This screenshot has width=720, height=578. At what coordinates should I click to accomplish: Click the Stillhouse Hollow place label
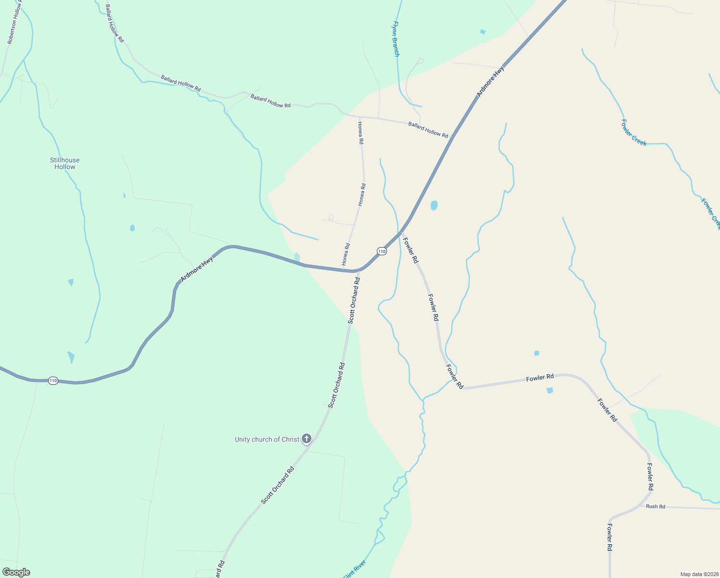(64, 163)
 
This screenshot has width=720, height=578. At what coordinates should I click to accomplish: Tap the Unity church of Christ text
(267, 439)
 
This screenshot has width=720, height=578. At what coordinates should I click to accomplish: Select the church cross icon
(306, 438)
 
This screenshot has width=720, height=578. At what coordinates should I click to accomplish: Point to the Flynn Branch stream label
(396, 39)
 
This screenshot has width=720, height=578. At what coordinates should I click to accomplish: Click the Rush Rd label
(656, 506)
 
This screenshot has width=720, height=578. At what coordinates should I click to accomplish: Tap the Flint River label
(355, 569)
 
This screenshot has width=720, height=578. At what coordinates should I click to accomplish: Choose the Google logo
(16, 572)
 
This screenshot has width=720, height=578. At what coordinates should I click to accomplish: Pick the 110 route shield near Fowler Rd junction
(382, 251)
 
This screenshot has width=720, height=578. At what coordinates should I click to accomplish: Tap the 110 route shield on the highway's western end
(53, 381)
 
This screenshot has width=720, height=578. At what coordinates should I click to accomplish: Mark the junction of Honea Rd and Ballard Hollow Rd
(360, 117)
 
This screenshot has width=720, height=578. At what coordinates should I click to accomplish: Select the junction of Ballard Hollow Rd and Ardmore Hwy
(452, 137)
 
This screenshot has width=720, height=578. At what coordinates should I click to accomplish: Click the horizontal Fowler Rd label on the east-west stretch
(540, 378)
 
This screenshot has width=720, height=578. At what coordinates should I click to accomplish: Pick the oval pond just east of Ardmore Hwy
(434, 205)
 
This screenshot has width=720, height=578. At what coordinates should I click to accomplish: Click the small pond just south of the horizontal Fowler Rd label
(550, 390)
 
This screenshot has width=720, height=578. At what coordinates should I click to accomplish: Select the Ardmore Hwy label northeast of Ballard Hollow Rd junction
(490, 82)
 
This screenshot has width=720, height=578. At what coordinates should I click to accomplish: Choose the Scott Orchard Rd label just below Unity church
(277, 486)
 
